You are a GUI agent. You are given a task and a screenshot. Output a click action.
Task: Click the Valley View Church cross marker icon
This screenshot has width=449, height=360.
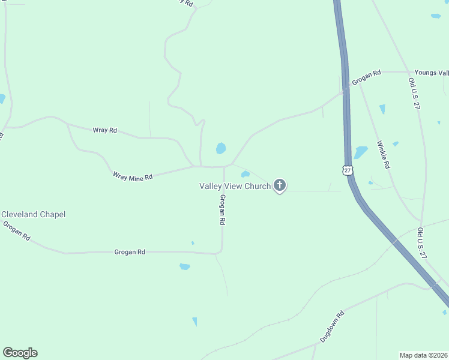pyautogui.click(x=279, y=185)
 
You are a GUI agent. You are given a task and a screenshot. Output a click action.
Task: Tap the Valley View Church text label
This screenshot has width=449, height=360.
pyautogui.click(x=235, y=186)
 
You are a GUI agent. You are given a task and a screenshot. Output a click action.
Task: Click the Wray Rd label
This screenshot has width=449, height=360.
pyautogui.click(x=104, y=130)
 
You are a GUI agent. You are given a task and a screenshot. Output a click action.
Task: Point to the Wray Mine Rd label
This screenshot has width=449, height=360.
pyautogui.click(x=133, y=176)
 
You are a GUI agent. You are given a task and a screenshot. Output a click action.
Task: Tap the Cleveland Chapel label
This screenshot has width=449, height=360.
pyautogui.click(x=34, y=214)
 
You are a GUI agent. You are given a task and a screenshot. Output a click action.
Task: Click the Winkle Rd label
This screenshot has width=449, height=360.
pyautogui.click(x=384, y=155)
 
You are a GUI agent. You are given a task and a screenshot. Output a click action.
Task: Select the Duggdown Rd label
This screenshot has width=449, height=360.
pyautogui.click(x=331, y=326)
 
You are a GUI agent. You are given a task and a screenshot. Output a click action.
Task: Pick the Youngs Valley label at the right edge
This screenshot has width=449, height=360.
pyautogui.click(x=431, y=73)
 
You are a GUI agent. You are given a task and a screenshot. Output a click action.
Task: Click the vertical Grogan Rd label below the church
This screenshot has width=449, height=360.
pyautogui.click(x=222, y=210)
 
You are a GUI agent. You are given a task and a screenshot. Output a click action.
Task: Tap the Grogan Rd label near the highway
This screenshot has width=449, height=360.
pyautogui.click(x=366, y=77)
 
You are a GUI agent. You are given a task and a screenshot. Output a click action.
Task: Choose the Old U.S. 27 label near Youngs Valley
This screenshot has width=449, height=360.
pyautogui.click(x=413, y=92)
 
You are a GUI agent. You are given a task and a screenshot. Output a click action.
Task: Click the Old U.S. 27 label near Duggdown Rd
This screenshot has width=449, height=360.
pyautogui.click(x=422, y=243)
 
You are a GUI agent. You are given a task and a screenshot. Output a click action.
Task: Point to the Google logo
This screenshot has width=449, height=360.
pyautogui.click(x=20, y=353)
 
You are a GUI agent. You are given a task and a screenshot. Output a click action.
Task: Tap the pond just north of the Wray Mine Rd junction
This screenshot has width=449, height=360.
pyautogui.click(x=221, y=148)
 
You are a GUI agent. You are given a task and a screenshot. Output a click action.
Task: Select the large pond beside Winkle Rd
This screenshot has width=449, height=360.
pyautogui.click(x=360, y=152)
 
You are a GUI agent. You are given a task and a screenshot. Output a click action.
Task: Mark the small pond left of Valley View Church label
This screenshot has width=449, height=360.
pyautogui.click(x=245, y=175)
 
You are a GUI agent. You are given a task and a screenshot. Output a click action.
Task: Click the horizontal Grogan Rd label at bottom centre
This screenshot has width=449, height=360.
pyautogui.click(x=130, y=253)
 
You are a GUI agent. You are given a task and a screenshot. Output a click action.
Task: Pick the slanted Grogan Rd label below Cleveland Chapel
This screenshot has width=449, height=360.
pyautogui.click(x=16, y=231)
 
